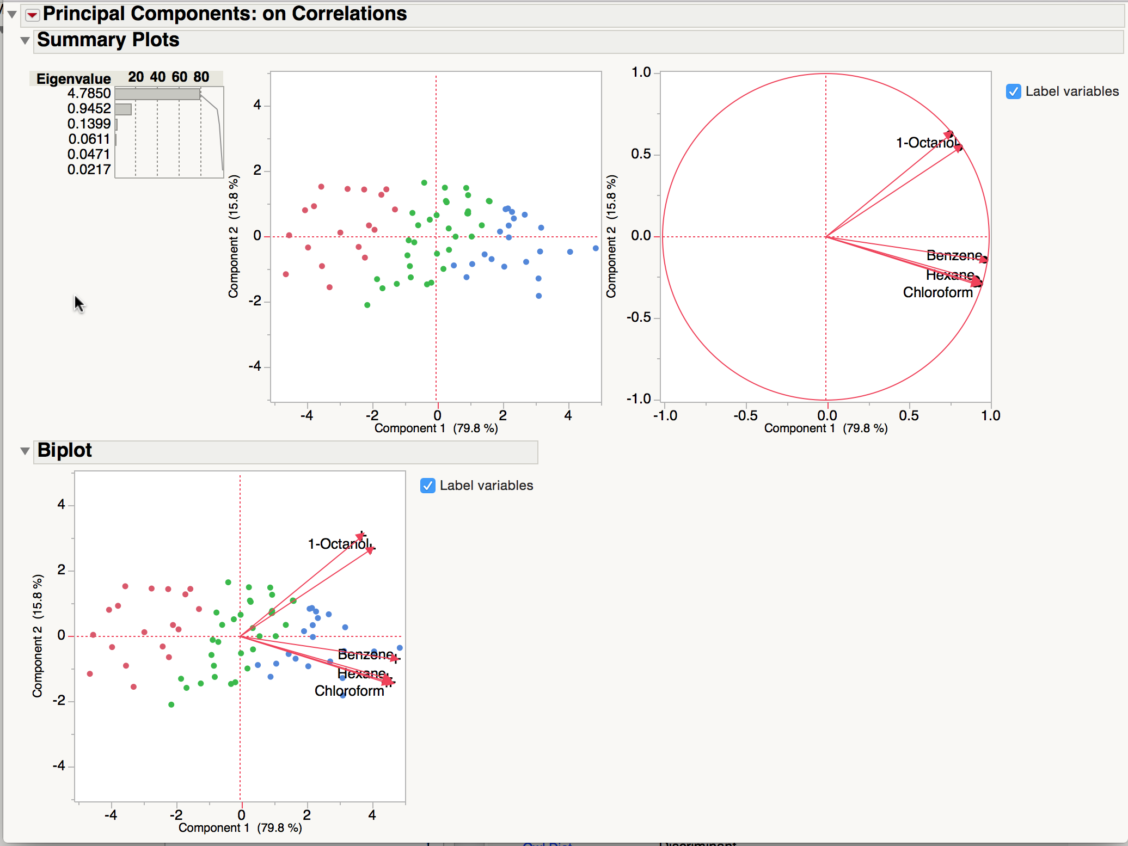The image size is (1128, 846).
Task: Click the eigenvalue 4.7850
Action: pos(89,94)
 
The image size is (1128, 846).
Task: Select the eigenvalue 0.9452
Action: pos(89,109)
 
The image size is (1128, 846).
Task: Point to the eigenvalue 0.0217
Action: pos(89,170)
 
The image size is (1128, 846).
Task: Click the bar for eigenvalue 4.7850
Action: pos(157,94)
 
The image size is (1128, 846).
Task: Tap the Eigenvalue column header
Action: pos(73,78)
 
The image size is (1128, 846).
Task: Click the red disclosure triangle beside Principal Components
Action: pos(33,15)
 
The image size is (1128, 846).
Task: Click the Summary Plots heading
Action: pos(108,40)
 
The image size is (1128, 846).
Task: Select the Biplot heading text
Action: pos(65,451)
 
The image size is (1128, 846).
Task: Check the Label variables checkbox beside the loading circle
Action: pos(1013,91)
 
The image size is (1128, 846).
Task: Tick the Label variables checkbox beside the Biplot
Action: pos(428,486)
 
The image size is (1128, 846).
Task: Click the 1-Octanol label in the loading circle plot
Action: pos(927,143)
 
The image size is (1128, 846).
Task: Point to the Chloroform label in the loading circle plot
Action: pos(937,293)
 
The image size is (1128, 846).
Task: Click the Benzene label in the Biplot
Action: pos(365,654)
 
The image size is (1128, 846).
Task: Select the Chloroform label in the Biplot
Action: pos(349,691)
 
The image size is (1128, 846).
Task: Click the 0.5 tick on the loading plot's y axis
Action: pos(641,154)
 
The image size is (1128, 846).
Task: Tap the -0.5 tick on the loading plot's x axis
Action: pos(745,416)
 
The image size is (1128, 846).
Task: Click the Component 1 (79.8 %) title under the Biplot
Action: pos(240,828)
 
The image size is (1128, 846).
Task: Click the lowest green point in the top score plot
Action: pos(367,305)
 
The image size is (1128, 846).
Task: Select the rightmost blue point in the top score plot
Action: pos(596,248)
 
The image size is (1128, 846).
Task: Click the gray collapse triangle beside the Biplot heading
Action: pos(24,451)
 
